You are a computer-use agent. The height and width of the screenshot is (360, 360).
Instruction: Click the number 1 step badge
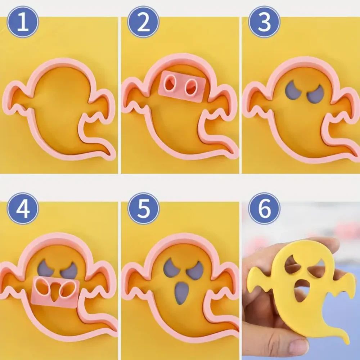pyautogui.click(x=23, y=22)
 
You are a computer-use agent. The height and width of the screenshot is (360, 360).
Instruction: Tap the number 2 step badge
pyautogui.click(x=144, y=22)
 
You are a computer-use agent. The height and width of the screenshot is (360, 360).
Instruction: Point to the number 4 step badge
pyautogui.click(x=23, y=208)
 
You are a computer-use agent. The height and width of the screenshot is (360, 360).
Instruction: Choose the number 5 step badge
pyautogui.click(x=144, y=208)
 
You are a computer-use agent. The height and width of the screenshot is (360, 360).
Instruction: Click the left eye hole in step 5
pyautogui.click(x=170, y=266)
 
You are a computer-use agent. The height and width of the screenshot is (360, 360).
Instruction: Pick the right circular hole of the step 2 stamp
pyautogui.click(x=191, y=87)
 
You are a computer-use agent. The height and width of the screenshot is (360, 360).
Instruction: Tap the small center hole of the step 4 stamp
pyautogui.click(x=55, y=292)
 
